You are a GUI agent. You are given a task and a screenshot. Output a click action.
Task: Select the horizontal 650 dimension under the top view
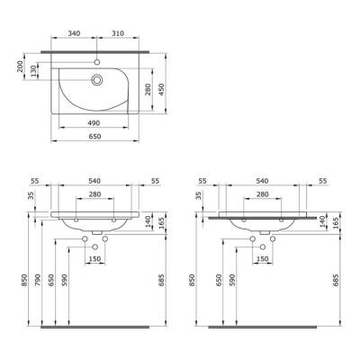[x=93, y=137]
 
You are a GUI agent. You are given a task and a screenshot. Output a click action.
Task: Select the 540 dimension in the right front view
[x=261, y=181]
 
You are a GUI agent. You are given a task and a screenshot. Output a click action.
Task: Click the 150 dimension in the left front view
[x=93, y=259]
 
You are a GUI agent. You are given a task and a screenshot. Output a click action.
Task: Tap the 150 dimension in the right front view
[x=262, y=259]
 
